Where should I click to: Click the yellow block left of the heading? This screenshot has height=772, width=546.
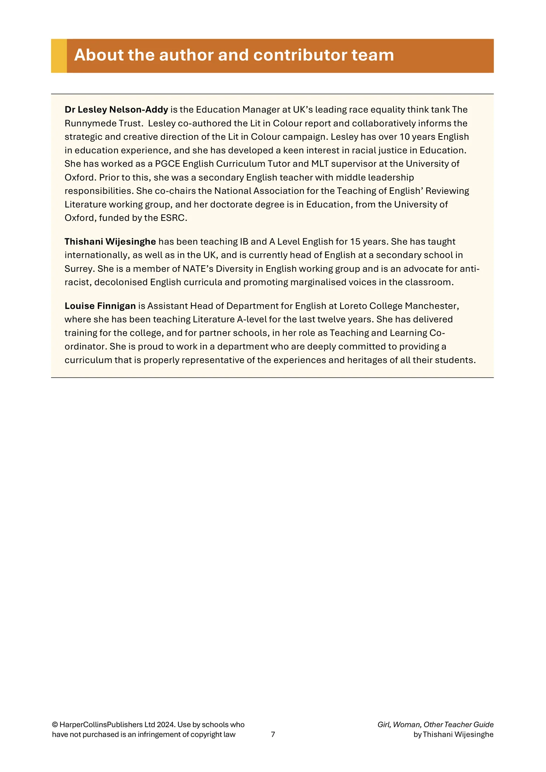click(x=59, y=56)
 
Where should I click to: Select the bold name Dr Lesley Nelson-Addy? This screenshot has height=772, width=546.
click(x=116, y=110)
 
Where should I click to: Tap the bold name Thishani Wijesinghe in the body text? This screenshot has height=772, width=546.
click(x=110, y=242)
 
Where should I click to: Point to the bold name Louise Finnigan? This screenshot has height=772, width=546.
click(x=100, y=306)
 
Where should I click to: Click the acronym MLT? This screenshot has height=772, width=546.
click(x=320, y=164)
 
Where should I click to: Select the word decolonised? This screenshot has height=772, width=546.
click(x=121, y=282)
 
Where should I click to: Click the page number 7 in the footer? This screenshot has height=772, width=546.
click(x=273, y=734)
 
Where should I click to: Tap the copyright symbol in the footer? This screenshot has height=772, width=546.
click(x=55, y=725)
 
